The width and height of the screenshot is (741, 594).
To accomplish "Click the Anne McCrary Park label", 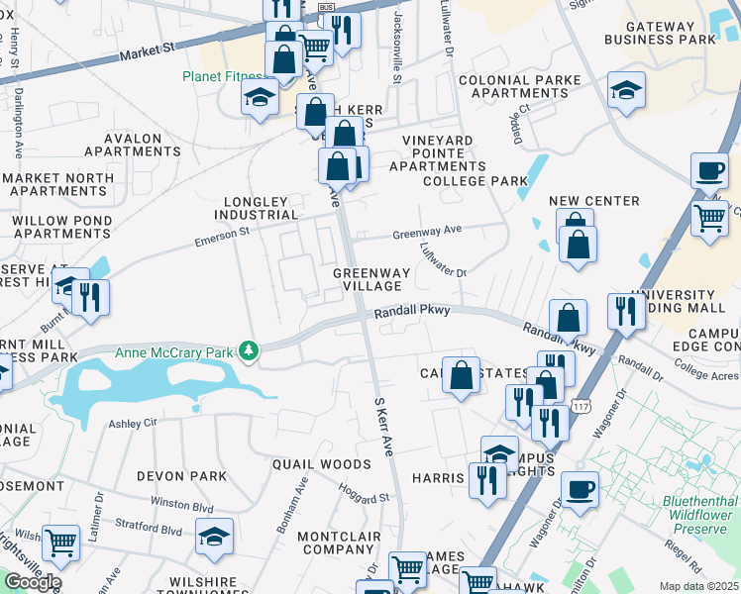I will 175,351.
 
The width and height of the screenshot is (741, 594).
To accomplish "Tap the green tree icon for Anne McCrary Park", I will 252,350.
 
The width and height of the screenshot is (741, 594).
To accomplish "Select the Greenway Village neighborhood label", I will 369,278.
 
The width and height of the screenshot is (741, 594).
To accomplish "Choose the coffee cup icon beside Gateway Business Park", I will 708,169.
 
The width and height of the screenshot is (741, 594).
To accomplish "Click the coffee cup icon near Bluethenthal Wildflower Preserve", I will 579,488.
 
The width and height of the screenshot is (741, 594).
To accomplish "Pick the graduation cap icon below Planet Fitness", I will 260,97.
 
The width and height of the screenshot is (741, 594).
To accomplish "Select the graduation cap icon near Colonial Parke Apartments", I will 626,89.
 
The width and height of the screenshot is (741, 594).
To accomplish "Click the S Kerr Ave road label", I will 383,428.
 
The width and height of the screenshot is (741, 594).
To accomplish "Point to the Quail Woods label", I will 322,463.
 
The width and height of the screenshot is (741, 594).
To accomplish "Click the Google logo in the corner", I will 32,582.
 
